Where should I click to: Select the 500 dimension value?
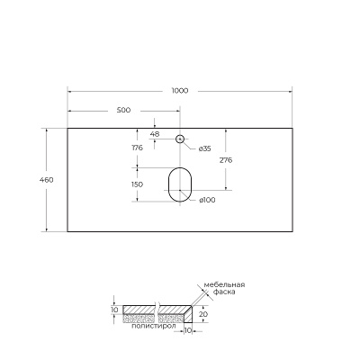(123, 110)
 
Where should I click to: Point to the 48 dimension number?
(155, 133)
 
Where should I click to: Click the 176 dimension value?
(137, 148)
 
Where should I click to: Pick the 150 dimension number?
(137, 184)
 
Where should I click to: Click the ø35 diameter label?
(204, 148)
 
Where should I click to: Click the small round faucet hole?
(179, 139)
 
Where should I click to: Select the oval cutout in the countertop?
(179, 184)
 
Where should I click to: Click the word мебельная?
(224, 285)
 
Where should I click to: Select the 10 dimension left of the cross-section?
(114, 310)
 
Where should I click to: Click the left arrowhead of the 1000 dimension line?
(70, 90)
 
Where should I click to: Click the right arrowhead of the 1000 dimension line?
(289, 90)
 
